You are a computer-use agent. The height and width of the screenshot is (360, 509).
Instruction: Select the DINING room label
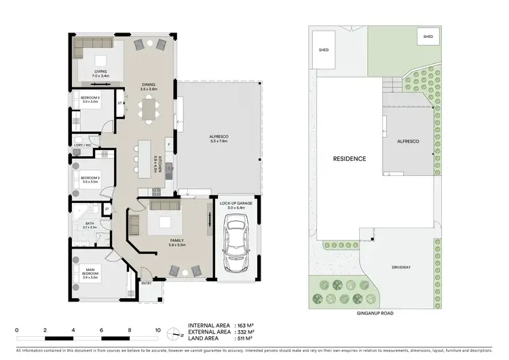click(149, 85)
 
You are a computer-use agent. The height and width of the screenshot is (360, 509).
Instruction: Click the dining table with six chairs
click(149, 109)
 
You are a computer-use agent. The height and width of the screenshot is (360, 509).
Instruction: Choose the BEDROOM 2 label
click(90, 179)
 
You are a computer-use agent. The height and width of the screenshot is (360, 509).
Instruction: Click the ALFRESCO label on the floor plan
click(218, 139)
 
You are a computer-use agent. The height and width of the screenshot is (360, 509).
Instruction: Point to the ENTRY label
click(146, 283)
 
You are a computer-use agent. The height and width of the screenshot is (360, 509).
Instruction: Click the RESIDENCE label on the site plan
click(349, 159)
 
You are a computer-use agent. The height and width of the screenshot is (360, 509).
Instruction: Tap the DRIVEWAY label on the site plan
click(402, 267)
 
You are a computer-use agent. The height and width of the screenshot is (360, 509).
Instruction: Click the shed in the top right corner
click(428, 37)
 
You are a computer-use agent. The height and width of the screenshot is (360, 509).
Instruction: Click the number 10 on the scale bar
click(157, 329)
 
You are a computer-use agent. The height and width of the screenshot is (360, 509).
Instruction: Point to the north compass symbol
click(176, 334)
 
